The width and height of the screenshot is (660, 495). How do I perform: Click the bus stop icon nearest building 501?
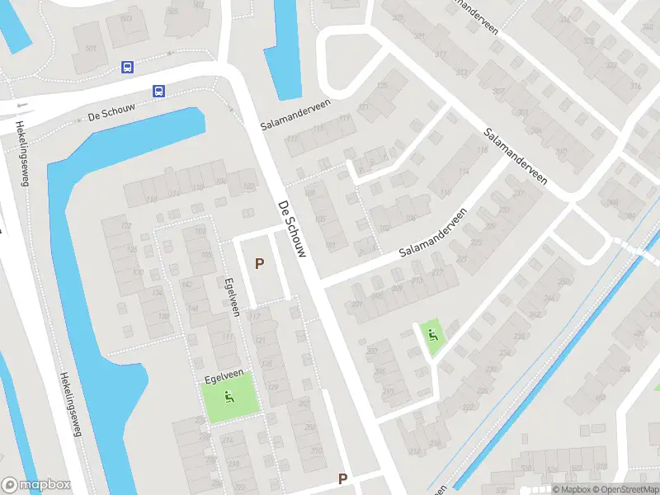pos(128,67)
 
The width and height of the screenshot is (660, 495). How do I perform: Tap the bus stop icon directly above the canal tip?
pos(158,91)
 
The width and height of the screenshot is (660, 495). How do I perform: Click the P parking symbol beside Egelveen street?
pos(260,264)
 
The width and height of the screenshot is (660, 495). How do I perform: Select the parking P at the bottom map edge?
pos(342,478)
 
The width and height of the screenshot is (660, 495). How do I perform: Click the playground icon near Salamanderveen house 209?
pos(431,334)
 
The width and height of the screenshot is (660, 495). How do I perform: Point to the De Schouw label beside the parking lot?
pos(292,229)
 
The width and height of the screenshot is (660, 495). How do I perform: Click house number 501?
pos(91,49)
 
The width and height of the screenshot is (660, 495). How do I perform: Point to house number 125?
pos(381,86)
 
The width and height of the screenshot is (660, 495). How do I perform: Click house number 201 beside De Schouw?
pos(356,304)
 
